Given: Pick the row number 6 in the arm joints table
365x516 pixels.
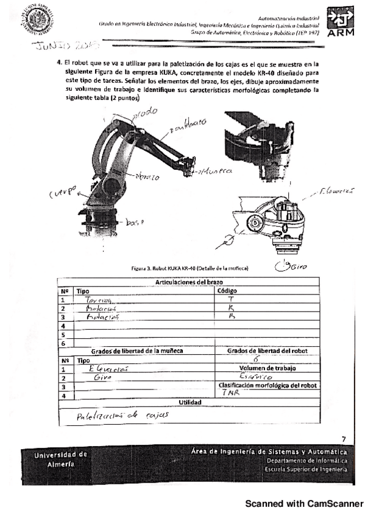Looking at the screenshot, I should tap(63, 343).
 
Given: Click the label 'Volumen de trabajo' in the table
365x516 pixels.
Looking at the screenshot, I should tap(266, 368).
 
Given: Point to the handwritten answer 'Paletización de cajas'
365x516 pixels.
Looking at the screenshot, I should tap(114, 416).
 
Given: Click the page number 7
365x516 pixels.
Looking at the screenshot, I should tap(344, 439).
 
